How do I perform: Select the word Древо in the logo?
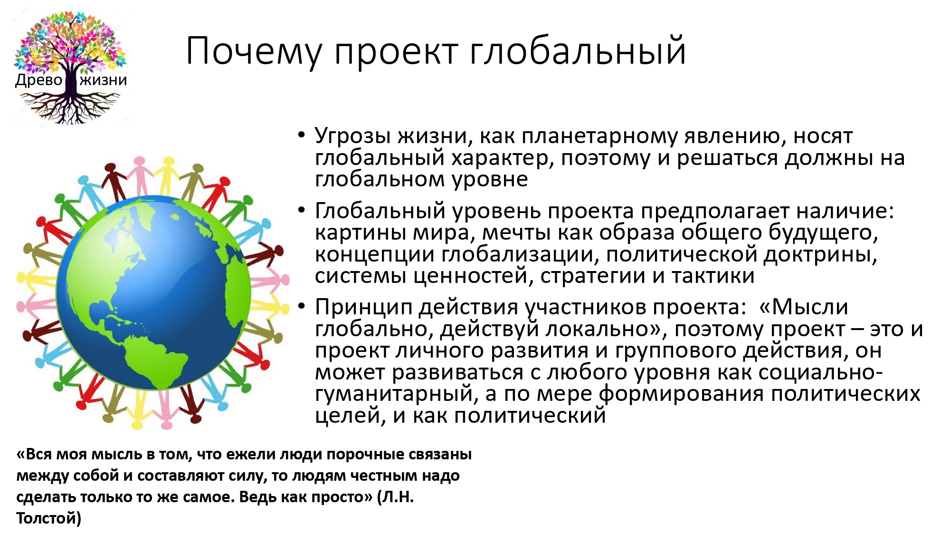point(39,80)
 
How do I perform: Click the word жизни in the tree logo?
point(104,80)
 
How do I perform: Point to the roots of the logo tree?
point(70,107)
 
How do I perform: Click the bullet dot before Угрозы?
point(301,135)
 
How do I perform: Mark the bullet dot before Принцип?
point(301,306)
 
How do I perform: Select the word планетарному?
point(599,137)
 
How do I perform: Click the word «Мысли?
point(804,307)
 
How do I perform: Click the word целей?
point(350,416)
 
